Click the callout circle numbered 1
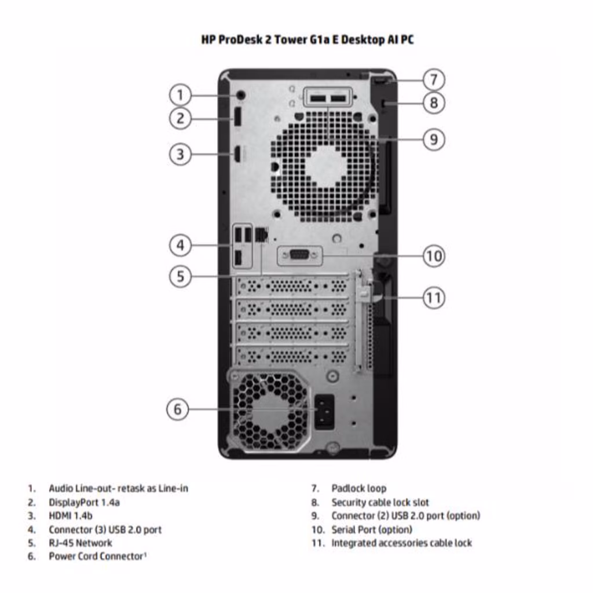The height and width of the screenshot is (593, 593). (x=180, y=94)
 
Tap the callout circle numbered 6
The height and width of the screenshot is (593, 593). (x=177, y=409)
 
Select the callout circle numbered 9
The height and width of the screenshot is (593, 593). (x=434, y=139)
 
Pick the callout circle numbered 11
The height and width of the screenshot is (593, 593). (x=434, y=298)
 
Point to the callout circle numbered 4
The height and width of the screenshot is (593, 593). (x=180, y=245)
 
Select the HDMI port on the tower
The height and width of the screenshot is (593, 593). (x=237, y=154)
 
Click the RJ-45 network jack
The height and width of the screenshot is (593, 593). (x=261, y=234)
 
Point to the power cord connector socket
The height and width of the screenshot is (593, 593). (x=324, y=411)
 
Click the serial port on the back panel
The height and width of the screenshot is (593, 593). (x=299, y=255)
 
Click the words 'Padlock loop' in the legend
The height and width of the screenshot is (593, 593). (x=358, y=489)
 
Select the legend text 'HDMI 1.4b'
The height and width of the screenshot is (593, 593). (x=71, y=515)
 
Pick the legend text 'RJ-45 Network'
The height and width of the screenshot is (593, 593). (x=80, y=543)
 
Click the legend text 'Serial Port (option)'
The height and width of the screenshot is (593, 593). (x=372, y=529)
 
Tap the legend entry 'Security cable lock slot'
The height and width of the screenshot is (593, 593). (x=380, y=502)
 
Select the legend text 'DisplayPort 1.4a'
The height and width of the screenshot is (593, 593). (x=84, y=502)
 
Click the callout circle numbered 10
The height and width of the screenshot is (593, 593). (x=434, y=255)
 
